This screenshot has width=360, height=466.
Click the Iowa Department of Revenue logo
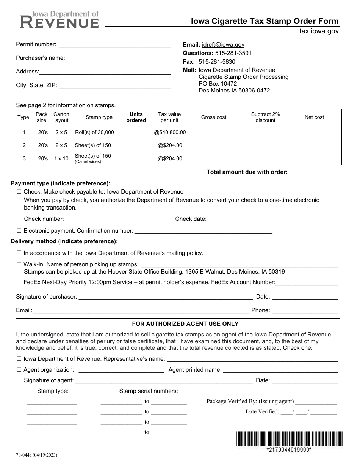[x=59, y=19]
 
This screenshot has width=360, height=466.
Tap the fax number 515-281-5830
[x=217, y=62]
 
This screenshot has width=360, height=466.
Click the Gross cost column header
[x=214, y=117]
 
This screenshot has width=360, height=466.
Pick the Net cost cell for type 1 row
[x=317, y=133]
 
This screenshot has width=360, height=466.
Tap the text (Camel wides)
[x=88, y=162]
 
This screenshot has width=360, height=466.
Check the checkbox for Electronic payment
[x=19, y=230]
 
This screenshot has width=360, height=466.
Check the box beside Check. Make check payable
[x=19, y=192]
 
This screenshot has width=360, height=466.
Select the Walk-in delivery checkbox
[x=19, y=264]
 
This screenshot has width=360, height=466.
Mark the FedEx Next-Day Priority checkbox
[x=19, y=282]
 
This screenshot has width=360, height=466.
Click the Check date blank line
[x=239, y=219]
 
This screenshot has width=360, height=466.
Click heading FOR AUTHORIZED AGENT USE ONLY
[x=185, y=324]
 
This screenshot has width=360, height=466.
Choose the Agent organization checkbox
[x=19, y=370]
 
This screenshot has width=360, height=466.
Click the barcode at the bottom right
[x=289, y=439]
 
